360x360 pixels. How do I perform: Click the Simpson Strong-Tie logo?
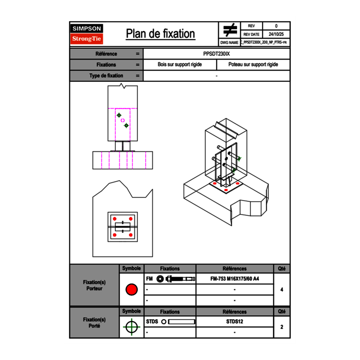87,34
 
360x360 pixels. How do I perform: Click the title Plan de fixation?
160,34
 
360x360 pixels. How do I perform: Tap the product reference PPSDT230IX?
216,54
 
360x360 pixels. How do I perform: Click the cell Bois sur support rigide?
180,65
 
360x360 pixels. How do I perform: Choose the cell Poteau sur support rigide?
253,65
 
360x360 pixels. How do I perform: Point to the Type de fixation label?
106,76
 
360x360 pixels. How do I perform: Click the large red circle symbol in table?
131,290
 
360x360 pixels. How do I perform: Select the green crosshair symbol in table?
131,327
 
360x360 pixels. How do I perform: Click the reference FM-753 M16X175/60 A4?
234,279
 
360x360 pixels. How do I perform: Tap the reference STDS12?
234,322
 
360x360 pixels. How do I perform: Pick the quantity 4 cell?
281,290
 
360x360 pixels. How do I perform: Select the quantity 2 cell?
281,327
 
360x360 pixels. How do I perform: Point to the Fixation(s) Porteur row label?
94,285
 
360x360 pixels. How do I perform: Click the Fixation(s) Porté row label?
94,323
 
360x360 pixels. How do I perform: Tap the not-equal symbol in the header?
229,30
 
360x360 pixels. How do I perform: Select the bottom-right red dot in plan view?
130,235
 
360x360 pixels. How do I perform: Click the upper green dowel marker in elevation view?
119,115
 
